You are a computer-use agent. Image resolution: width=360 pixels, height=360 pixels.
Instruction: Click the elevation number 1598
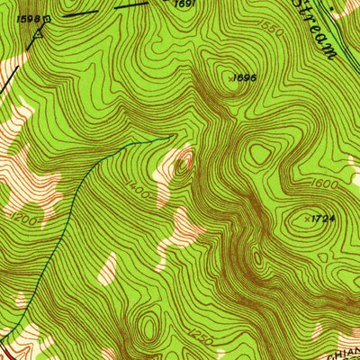tap(28, 17)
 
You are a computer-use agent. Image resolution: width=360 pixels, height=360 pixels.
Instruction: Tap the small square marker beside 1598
tap(47, 16)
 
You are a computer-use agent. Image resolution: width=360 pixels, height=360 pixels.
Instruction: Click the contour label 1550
tap(272, 31)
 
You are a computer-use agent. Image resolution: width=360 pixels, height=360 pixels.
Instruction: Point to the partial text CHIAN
tap(341, 352)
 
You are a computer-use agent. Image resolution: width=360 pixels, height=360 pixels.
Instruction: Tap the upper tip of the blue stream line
tap(171, 137)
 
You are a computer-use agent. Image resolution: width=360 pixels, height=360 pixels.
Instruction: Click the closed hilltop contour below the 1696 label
tap(260, 154)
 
